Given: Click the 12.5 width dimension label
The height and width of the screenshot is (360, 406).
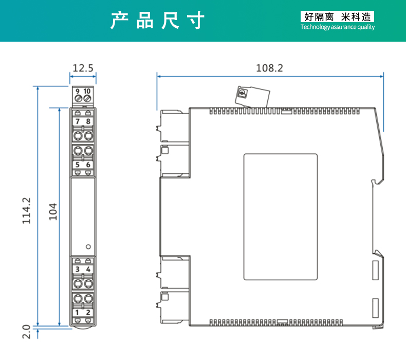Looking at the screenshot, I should [x=83, y=67].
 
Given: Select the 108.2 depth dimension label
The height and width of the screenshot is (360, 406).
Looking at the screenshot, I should [x=270, y=67].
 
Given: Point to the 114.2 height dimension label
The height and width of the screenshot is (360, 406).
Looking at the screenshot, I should [x=27, y=210].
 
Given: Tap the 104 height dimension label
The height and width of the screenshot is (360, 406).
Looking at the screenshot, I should [x=53, y=211].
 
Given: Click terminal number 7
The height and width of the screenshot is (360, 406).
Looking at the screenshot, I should [x=78, y=121].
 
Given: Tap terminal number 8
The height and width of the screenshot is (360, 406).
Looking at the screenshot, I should [x=88, y=121].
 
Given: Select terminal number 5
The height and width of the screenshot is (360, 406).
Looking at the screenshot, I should [x=78, y=165].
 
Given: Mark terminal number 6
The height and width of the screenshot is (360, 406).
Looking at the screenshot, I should [x=88, y=165].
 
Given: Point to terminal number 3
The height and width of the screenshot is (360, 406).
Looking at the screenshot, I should [x=78, y=269].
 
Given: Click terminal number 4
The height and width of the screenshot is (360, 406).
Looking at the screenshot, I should [x=88, y=269].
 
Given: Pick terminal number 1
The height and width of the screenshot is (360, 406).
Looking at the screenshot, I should [x=78, y=312].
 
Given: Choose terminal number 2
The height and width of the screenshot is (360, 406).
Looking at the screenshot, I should [x=88, y=312].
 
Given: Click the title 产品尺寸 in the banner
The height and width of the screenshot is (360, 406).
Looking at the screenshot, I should [x=158, y=21].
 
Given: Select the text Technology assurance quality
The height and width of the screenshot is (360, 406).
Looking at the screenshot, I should [x=338, y=27].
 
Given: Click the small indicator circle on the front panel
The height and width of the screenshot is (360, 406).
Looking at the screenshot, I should [x=88, y=246].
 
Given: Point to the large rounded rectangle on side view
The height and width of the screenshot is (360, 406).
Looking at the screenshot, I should [x=280, y=217].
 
